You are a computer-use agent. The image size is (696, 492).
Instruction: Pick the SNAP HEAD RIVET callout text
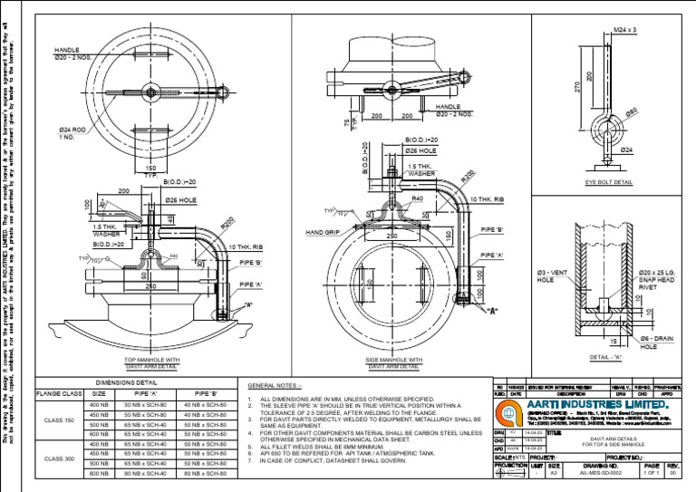659,279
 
